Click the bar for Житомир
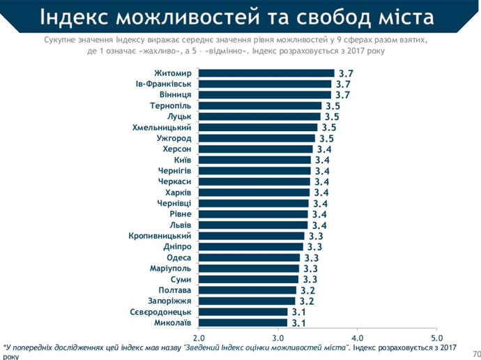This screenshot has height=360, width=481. [x=266, y=73]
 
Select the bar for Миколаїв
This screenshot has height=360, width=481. [x=243, y=322]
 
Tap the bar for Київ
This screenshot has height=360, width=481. [x=254, y=160]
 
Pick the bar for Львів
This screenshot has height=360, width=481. [x=253, y=225]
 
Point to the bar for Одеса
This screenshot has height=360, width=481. [x=249, y=257]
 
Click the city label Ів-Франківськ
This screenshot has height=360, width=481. [x=164, y=84]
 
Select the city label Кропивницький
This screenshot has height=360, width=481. [x=161, y=236]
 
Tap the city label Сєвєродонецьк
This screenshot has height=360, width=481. [x=161, y=312]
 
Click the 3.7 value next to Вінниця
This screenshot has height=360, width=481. [x=342, y=95]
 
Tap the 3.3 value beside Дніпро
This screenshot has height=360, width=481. [x=314, y=247]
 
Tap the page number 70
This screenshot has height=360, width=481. [x=475, y=352]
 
